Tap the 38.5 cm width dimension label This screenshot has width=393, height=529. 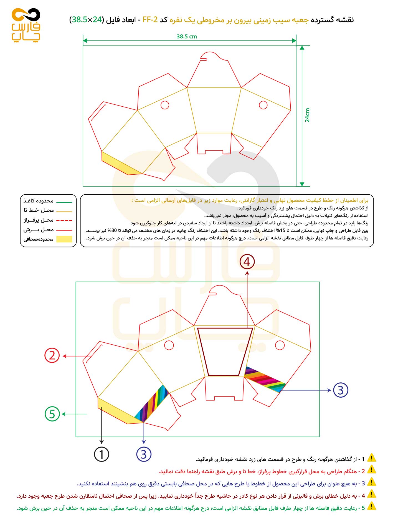[x=187, y=36]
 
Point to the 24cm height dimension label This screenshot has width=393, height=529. [x=307, y=115]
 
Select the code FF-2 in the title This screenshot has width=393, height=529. [x=150, y=20]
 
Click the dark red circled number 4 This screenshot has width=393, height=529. [x=247, y=262]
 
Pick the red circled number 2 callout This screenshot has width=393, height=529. [x=52, y=355]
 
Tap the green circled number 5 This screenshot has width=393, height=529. [x=52, y=414]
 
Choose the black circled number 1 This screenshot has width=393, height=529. [x=102, y=454]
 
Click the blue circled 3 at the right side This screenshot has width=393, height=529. [x=340, y=390]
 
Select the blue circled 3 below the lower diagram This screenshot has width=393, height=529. [x=144, y=454]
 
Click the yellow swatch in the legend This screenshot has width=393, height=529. [x=64, y=239]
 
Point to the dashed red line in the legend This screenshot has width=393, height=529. [x=64, y=220]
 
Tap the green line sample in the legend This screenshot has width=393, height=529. [x=64, y=202]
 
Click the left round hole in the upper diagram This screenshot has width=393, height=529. [x=165, y=105]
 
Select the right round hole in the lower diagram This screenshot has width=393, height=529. [x=280, y=345]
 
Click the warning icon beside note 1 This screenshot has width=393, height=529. [x=371, y=458]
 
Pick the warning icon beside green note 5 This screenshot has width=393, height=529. [x=371, y=507]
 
